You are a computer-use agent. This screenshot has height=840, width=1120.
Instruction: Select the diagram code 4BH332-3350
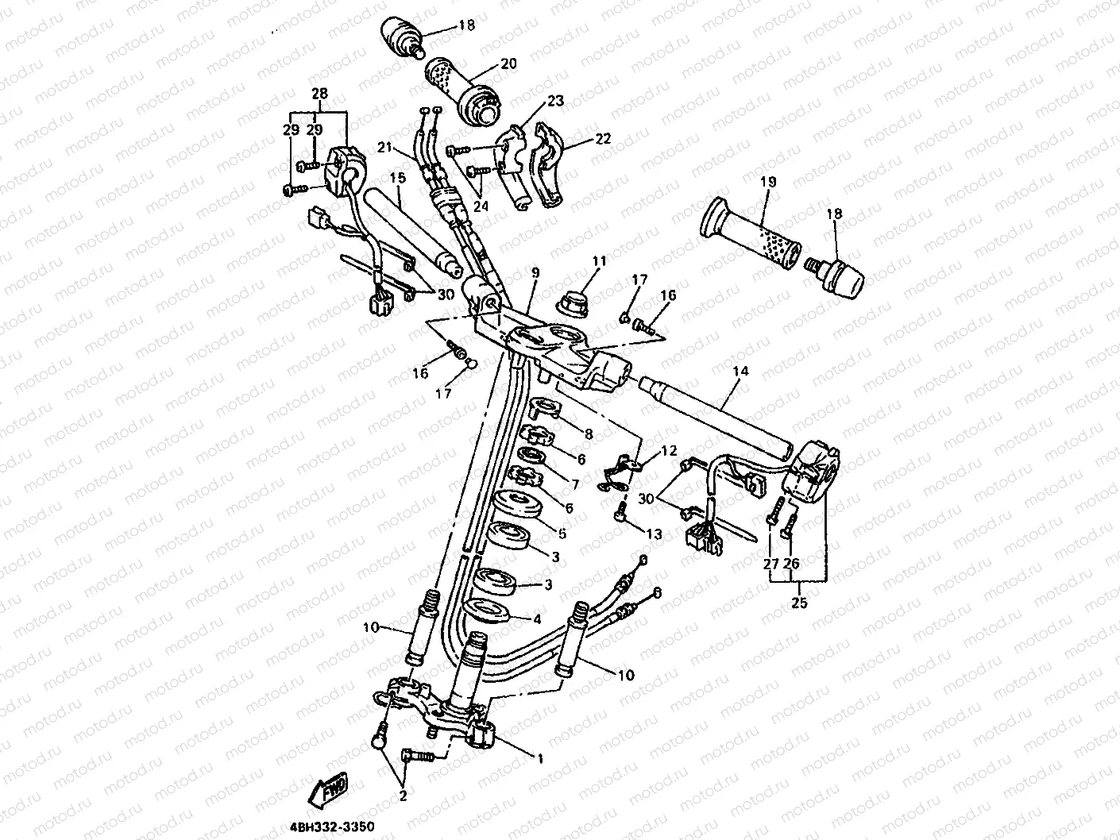(x=325, y=827)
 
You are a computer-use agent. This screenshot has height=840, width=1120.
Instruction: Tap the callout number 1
(x=540, y=759)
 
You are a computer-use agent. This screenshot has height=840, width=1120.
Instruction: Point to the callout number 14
(x=740, y=372)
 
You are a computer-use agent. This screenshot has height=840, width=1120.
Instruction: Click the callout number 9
(x=535, y=273)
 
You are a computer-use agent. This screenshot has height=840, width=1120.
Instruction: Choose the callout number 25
(x=799, y=603)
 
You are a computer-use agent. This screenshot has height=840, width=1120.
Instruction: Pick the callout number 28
(x=319, y=94)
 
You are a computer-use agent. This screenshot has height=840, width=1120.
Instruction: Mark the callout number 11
(x=598, y=260)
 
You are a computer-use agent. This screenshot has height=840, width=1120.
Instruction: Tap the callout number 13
(x=654, y=534)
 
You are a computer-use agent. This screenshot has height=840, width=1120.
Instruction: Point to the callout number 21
(x=385, y=147)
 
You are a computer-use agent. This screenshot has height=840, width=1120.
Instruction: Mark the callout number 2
(x=404, y=795)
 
